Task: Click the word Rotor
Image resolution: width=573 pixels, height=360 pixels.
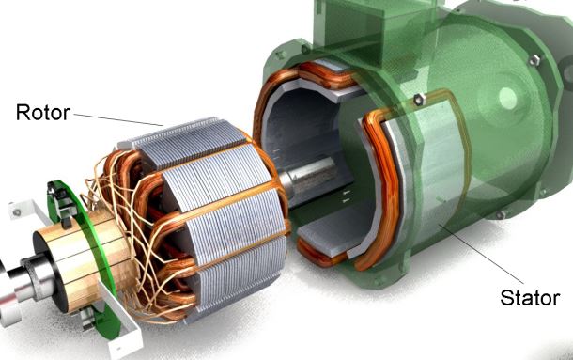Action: [43, 112]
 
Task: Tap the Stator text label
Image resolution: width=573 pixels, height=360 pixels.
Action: [530, 298]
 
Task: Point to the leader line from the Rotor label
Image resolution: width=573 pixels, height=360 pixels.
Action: [118, 119]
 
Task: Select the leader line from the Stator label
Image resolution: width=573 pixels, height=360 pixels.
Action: [481, 254]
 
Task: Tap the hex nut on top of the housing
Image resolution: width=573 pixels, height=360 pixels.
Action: [419, 99]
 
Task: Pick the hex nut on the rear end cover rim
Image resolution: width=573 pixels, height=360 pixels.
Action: [534, 59]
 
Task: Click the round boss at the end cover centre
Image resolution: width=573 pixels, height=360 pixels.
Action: [507, 98]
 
